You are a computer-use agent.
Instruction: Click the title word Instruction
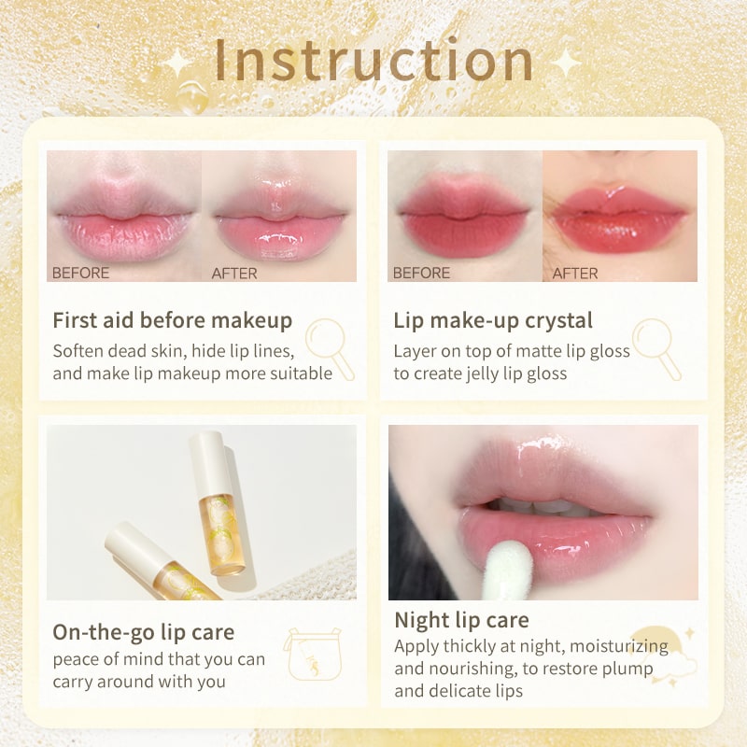pyautogui.click(x=373, y=61)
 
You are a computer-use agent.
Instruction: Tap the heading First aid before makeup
pyautogui.click(x=172, y=321)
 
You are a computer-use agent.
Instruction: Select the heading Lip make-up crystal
pyautogui.click(x=493, y=321)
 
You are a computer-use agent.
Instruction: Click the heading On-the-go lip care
pyautogui.click(x=143, y=632)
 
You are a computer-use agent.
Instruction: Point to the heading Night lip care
pyautogui.click(x=461, y=620)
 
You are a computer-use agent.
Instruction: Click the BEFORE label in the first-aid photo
pyautogui.click(x=80, y=274)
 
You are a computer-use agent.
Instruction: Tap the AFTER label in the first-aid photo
pyautogui.click(x=234, y=274)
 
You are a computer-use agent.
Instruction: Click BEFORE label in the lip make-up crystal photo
pyautogui.click(x=421, y=274)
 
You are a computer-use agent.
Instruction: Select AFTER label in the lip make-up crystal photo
pyautogui.click(x=575, y=274)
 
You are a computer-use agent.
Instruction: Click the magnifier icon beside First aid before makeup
pyautogui.click(x=330, y=347)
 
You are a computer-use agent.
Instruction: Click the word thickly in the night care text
pyautogui.click(x=473, y=646)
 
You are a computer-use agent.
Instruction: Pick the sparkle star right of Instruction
pyautogui.click(x=565, y=63)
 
